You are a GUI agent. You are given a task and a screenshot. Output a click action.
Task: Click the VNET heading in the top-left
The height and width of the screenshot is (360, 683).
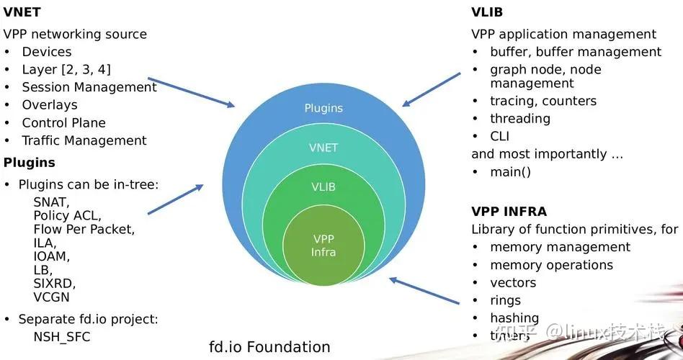click(x=22, y=12)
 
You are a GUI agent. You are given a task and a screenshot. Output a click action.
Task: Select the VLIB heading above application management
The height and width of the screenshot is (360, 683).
click(x=487, y=12)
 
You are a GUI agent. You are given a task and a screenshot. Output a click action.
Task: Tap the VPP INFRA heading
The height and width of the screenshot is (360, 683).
click(x=509, y=212)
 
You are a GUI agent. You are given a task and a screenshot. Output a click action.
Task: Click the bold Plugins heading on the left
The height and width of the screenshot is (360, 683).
click(x=30, y=162)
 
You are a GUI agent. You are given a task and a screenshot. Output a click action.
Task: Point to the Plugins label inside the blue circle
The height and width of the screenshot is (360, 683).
click(x=323, y=108)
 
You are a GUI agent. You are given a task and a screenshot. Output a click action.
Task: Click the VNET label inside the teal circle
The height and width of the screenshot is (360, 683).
click(x=323, y=148)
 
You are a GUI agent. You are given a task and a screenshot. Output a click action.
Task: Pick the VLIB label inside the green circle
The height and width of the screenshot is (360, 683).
click(x=323, y=187)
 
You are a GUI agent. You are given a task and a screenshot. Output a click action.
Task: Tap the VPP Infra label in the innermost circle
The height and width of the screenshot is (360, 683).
click(x=323, y=245)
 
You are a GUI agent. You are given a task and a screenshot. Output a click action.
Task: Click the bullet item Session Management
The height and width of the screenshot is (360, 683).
click(x=89, y=87)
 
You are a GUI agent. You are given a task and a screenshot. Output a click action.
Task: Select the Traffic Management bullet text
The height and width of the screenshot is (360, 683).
click(x=84, y=140)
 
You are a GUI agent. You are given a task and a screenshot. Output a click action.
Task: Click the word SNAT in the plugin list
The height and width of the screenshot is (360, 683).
click(x=51, y=202)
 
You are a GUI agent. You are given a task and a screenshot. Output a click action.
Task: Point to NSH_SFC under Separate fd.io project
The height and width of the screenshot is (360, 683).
click(x=62, y=336)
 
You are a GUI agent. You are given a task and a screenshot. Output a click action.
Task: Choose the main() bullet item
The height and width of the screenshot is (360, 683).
click(x=510, y=171)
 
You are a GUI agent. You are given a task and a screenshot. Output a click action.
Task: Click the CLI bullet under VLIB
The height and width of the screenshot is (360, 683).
click(x=500, y=136)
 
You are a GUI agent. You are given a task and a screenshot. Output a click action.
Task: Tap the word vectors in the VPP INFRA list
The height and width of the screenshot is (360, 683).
click(x=513, y=283)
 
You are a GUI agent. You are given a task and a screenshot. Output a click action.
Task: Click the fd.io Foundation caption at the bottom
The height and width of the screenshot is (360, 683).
click(x=269, y=347)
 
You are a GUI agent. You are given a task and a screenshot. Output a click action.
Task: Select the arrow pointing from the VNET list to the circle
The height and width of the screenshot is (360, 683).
click(x=191, y=92)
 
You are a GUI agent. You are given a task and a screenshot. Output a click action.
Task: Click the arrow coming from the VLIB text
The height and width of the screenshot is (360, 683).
click(x=432, y=89)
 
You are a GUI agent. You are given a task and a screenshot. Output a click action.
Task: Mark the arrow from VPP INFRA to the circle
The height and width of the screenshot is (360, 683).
click(x=425, y=289)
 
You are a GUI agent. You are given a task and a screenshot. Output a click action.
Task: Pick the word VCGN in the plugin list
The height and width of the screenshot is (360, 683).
click(x=52, y=297)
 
